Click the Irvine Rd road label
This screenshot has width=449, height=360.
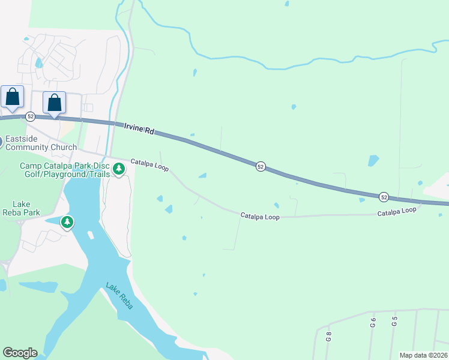coord(139,128)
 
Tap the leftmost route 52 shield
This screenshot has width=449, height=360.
coord(31,116)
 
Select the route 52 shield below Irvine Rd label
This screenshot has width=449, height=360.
coord(260,166)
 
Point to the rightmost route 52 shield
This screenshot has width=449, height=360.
coord(384,196)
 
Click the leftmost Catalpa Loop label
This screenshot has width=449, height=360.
coord(149,164)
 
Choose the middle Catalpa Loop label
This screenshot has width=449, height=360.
coord(261,215)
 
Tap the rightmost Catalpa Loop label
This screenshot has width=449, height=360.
coord(397,211)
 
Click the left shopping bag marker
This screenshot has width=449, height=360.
coord(13,98)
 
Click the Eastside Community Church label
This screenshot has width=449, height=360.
coord(42,143)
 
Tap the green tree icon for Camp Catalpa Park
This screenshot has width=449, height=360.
coord(119,170)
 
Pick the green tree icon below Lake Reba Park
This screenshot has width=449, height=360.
coord(67,223)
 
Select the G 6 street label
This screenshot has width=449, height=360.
coord(373,322)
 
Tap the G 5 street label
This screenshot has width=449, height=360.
coord(394,320)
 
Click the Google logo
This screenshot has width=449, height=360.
coord(20,353)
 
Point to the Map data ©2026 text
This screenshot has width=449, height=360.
coord(423,355)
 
